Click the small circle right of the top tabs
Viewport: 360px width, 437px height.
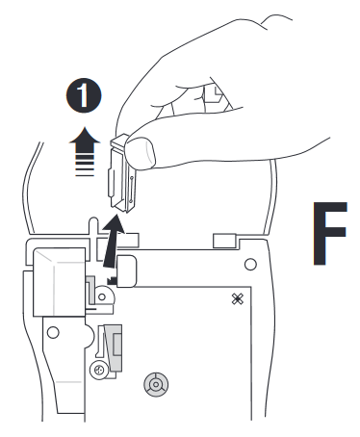[250, 263]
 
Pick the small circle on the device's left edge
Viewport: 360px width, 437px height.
[54, 333]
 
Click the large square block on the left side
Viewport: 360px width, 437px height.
[60, 279]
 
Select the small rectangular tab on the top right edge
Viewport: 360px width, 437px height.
[224, 237]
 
